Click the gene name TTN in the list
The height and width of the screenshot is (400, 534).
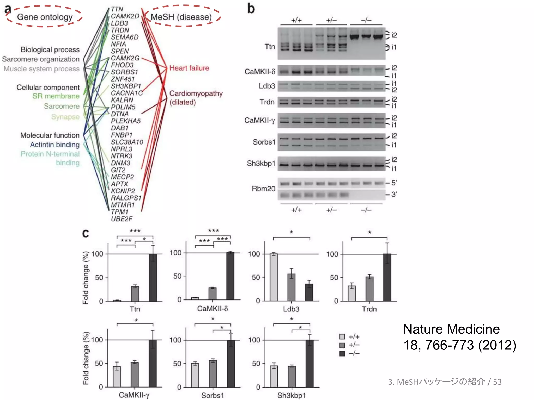click(x=117, y=9)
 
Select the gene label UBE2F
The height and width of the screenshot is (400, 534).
click(x=122, y=219)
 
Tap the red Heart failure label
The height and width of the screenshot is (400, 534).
click(x=189, y=68)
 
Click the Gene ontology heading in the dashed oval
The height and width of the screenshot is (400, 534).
click(x=45, y=17)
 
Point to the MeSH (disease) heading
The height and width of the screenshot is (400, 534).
click(x=181, y=17)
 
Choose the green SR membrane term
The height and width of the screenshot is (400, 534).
click(x=56, y=96)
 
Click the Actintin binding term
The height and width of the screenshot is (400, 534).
click(x=55, y=145)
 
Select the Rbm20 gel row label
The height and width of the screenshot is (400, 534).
click(x=263, y=189)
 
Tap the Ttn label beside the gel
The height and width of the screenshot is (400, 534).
click(x=270, y=47)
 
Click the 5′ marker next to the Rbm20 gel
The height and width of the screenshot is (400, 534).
click(x=394, y=183)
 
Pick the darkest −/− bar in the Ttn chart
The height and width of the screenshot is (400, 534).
click(x=153, y=277)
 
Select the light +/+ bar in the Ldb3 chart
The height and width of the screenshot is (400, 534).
click(x=274, y=277)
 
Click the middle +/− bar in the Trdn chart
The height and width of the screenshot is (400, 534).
click(x=369, y=289)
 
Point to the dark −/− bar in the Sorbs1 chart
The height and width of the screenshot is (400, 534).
click(x=231, y=363)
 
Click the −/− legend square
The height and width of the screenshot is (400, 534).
click(x=342, y=353)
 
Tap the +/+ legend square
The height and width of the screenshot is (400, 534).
click(x=342, y=336)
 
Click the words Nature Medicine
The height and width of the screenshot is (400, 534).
click(x=451, y=329)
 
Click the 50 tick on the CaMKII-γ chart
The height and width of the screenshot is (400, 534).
click(x=99, y=363)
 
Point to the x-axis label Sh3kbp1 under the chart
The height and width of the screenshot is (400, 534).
click(x=291, y=395)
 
